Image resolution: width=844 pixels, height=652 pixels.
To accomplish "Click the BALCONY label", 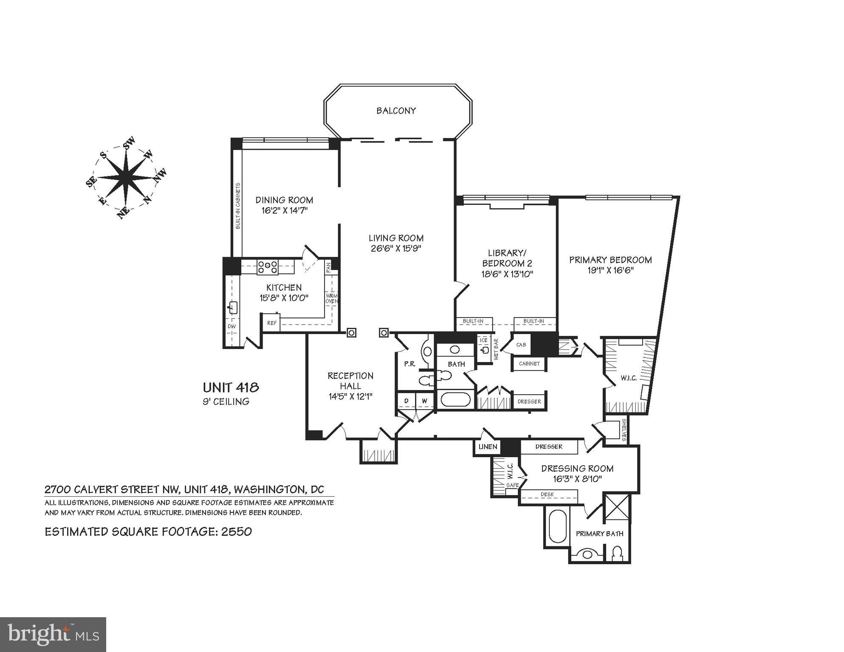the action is click(396, 111).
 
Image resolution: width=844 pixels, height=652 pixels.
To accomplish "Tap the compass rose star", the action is click(126, 177).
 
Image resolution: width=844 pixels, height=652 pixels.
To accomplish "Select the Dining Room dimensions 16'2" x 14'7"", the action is click(284, 211).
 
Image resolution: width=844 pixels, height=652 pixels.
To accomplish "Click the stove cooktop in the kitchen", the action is click(267, 267).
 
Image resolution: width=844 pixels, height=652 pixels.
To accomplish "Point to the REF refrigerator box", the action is click(272, 323).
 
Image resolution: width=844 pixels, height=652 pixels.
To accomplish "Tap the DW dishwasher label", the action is click(231, 326).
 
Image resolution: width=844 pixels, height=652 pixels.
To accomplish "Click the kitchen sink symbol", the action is click(233, 307).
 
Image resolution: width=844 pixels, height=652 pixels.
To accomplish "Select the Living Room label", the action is click(396, 238).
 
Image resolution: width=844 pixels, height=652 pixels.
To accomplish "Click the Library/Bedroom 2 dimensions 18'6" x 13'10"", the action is click(507, 274).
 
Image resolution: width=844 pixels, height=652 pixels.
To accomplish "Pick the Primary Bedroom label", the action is click(610, 260).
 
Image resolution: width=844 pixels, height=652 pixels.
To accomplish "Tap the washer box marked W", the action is click(424, 401).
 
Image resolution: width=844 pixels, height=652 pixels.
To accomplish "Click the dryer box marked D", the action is click(406, 401).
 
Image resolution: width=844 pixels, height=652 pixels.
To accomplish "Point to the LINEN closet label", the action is click(487, 447).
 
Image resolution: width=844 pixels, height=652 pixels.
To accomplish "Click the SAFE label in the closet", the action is click(512, 485).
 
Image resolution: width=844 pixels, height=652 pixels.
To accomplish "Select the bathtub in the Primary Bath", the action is click(557, 526).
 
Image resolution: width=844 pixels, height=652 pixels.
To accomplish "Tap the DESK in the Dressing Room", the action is click(549, 495).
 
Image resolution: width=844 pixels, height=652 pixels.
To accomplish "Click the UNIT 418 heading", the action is click(231, 388).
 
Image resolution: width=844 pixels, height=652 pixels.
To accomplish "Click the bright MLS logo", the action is click(53, 635).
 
